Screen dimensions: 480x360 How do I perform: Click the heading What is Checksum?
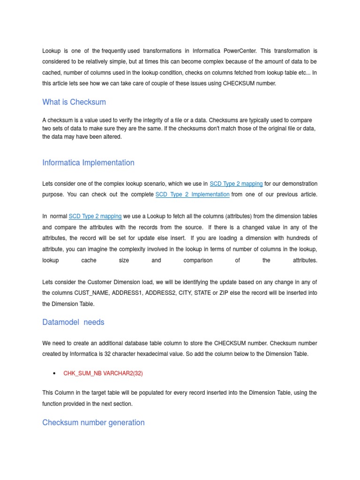pyautogui.click(x=74, y=102)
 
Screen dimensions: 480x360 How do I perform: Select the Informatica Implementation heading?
pyautogui.click(x=88, y=163)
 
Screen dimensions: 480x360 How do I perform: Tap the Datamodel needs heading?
pyautogui.click(x=73, y=322)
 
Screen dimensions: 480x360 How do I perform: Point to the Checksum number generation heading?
pyautogui.click(x=93, y=422)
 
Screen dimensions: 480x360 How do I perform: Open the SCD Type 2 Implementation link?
pyautogui.click(x=192, y=195)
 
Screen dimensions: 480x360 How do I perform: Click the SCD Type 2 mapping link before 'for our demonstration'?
pyautogui.click(x=236, y=184)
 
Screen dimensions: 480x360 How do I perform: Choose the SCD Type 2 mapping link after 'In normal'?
pyautogui.click(x=95, y=216)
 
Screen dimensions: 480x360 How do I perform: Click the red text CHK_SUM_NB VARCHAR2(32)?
pyautogui.click(x=103, y=374)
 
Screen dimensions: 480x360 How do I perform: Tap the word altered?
pyautogui.click(x=112, y=137)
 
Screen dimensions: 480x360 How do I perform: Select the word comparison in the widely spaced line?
pyautogui.click(x=198, y=260)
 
